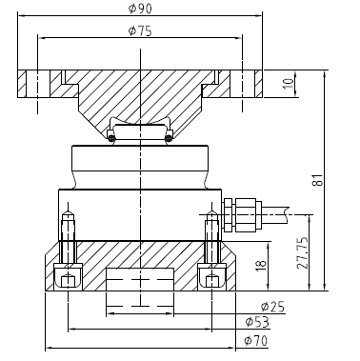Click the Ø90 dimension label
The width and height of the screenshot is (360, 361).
pyautogui.click(x=140, y=9)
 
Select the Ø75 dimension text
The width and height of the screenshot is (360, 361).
pyautogui.click(x=140, y=30)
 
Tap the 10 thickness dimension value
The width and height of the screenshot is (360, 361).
pyautogui.click(x=289, y=84)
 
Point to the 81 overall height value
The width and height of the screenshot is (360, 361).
pyautogui.click(x=318, y=180)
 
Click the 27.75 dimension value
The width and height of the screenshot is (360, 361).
pyautogui.click(x=302, y=252)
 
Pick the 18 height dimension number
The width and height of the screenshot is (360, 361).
pyautogui.click(x=261, y=266)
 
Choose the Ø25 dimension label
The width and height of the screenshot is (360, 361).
pyautogui.click(x=272, y=307)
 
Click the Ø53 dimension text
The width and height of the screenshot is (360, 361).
pyautogui.click(x=257, y=322)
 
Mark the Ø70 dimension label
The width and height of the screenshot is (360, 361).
pyautogui.click(x=256, y=341)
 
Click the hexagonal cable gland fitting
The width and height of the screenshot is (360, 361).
pyautogui.click(x=240, y=214)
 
